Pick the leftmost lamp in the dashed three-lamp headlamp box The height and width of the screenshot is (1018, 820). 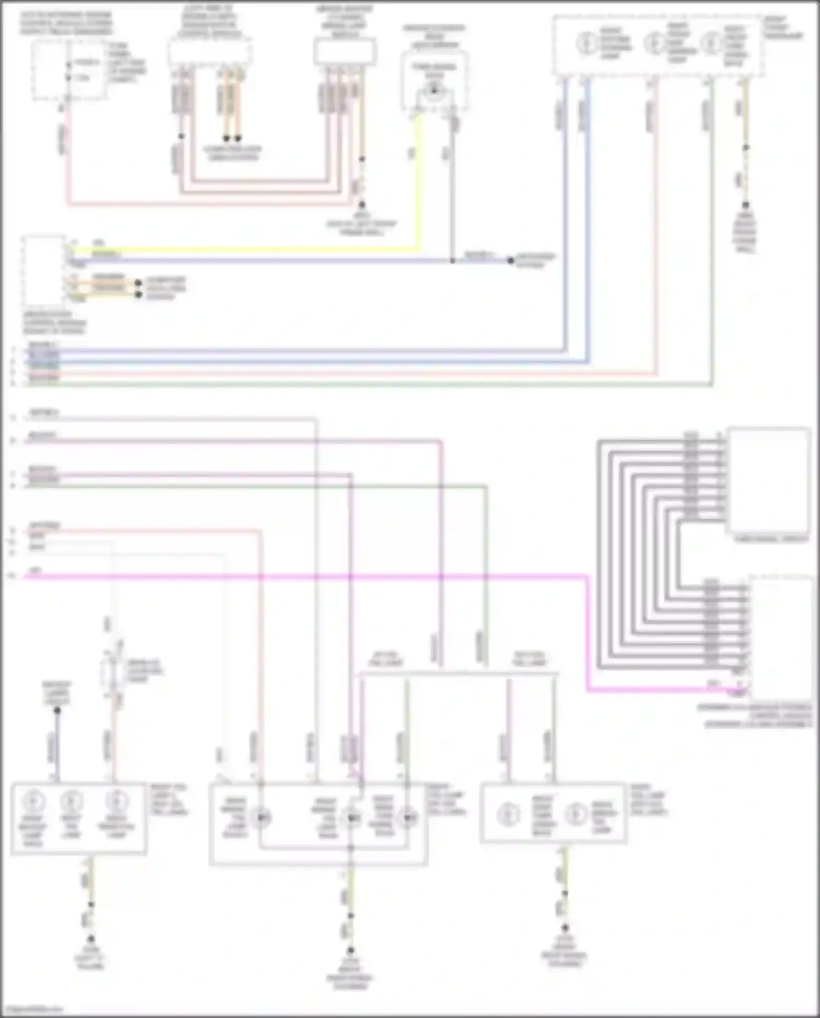[586, 43]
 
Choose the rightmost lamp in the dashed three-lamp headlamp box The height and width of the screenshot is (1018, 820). [710, 43]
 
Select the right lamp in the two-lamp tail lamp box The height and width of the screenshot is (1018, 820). [575, 814]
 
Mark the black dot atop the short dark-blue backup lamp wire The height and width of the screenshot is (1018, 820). [57, 710]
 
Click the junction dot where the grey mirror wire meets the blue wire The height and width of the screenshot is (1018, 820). [453, 260]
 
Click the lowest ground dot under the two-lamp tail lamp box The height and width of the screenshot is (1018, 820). [565, 928]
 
